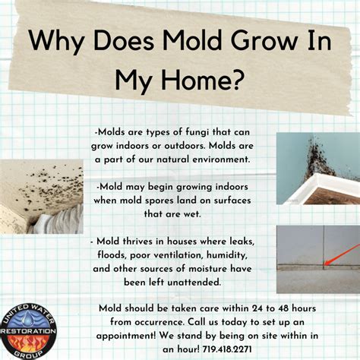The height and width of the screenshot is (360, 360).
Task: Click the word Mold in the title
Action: click(192, 40)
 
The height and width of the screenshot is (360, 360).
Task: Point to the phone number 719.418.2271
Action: click(227, 349)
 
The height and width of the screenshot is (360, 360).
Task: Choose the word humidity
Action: click(227, 255)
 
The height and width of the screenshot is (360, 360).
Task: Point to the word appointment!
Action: click(126, 336)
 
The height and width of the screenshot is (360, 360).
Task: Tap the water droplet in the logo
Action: click(26, 318)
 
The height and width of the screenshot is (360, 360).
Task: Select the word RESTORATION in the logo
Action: click(29, 331)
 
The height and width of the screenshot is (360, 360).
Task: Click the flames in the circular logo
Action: click(28, 342)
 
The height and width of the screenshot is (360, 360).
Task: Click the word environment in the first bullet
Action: click(221, 159)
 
